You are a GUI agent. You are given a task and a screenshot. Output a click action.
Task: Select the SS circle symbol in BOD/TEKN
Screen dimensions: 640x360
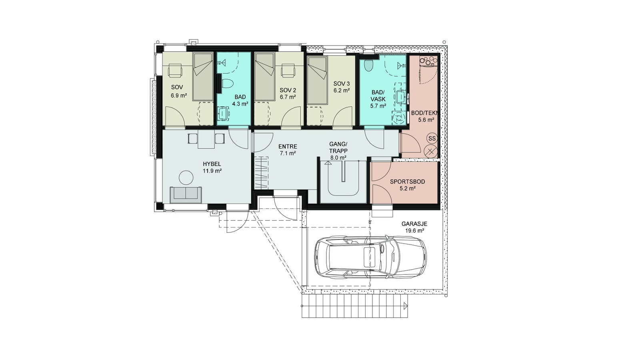point(432,138)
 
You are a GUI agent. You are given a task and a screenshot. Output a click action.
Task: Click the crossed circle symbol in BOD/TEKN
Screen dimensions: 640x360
point(431,152)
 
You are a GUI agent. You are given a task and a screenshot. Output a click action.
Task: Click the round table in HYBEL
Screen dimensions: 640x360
point(186,177)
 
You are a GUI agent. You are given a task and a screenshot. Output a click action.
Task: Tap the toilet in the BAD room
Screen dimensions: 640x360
point(228,84)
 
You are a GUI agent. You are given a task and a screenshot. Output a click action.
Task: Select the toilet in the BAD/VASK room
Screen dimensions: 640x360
point(369,66)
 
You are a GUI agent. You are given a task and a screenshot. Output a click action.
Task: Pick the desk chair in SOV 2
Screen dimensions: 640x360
point(288,70)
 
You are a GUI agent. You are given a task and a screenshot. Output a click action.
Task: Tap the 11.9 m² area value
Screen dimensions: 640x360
point(212,171)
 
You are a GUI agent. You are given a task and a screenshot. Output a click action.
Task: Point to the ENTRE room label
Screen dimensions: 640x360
point(288,146)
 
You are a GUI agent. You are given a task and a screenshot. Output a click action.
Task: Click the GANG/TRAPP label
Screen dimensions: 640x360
point(338,147)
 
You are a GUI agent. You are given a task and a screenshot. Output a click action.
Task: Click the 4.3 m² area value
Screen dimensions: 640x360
point(240,104)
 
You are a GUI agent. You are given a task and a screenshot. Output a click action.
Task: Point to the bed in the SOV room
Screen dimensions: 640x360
point(202,76)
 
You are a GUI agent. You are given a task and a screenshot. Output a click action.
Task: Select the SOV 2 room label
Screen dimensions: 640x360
point(288,90)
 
